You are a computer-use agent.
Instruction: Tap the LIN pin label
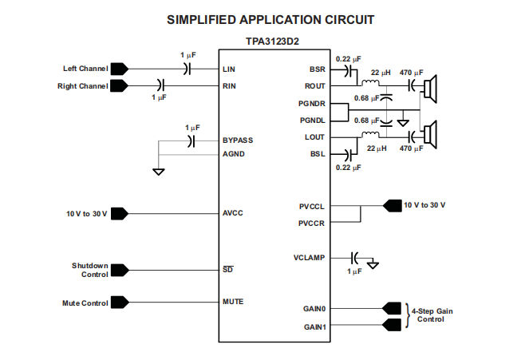(229, 69)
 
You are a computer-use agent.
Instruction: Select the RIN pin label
(229, 85)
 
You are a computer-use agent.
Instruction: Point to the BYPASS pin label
(238, 140)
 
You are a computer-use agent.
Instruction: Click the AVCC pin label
(232, 213)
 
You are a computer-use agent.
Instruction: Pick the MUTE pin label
(233, 302)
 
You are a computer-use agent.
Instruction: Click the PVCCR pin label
(311, 224)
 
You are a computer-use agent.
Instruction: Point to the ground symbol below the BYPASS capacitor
(159, 172)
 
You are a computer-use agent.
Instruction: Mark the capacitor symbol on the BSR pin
(350, 69)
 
